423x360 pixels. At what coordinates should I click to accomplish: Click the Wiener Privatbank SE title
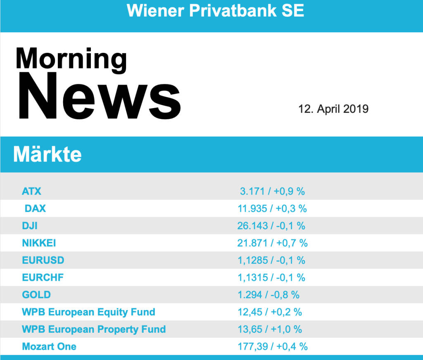pyautogui.click(x=215, y=11)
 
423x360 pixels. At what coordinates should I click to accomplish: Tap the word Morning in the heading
pyautogui.click(x=71, y=59)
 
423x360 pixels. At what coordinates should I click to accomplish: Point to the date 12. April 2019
pyautogui.click(x=333, y=109)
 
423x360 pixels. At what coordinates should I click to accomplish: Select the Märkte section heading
pyautogui.click(x=48, y=154)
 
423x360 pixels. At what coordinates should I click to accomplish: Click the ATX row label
pyautogui.click(x=32, y=191)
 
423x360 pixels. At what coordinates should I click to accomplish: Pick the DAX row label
pyautogui.click(x=35, y=208)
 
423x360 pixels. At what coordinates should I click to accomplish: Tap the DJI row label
pyautogui.click(x=30, y=226)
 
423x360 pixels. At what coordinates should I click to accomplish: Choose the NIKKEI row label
pyautogui.click(x=39, y=243)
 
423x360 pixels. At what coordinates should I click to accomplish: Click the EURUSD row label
pyautogui.click(x=43, y=261)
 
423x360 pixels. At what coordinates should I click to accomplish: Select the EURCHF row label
pyautogui.click(x=43, y=277)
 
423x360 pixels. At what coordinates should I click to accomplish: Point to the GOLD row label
pyautogui.click(x=36, y=295)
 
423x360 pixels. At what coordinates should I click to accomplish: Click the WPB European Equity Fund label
pyautogui.click(x=88, y=312)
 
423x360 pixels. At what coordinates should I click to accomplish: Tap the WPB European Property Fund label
pyautogui.click(x=94, y=329)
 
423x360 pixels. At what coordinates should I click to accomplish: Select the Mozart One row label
pyautogui.click(x=49, y=346)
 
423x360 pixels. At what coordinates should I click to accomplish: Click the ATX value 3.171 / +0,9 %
pyautogui.click(x=272, y=191)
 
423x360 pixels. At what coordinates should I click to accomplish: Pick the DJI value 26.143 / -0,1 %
pyautogui.click(x=271, y=226)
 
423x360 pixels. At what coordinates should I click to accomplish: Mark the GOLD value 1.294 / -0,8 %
pyautogui.click(x=269, y=295)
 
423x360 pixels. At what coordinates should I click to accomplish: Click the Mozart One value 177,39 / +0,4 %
pyautogui.click(x=273, y=346)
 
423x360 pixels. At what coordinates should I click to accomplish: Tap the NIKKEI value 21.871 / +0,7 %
pyautogui.click(x=273, y=243)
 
